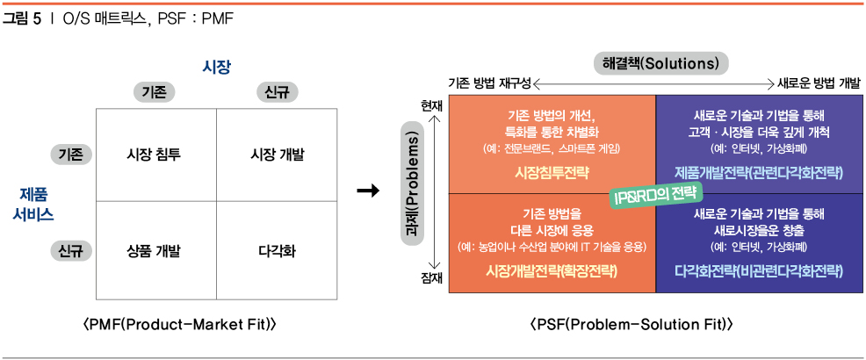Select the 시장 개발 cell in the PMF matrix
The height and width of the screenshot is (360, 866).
click(277, 155)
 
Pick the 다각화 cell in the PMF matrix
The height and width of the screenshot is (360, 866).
click(277, 251)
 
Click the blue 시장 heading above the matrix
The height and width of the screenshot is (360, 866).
click(216, 67)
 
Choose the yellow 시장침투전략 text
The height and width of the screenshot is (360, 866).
click(552, 171)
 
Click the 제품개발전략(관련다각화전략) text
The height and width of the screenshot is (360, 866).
click(759, 171)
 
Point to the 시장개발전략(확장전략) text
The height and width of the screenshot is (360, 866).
click(552, 270)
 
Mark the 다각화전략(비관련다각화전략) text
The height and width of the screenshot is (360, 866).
click(759, 270)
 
